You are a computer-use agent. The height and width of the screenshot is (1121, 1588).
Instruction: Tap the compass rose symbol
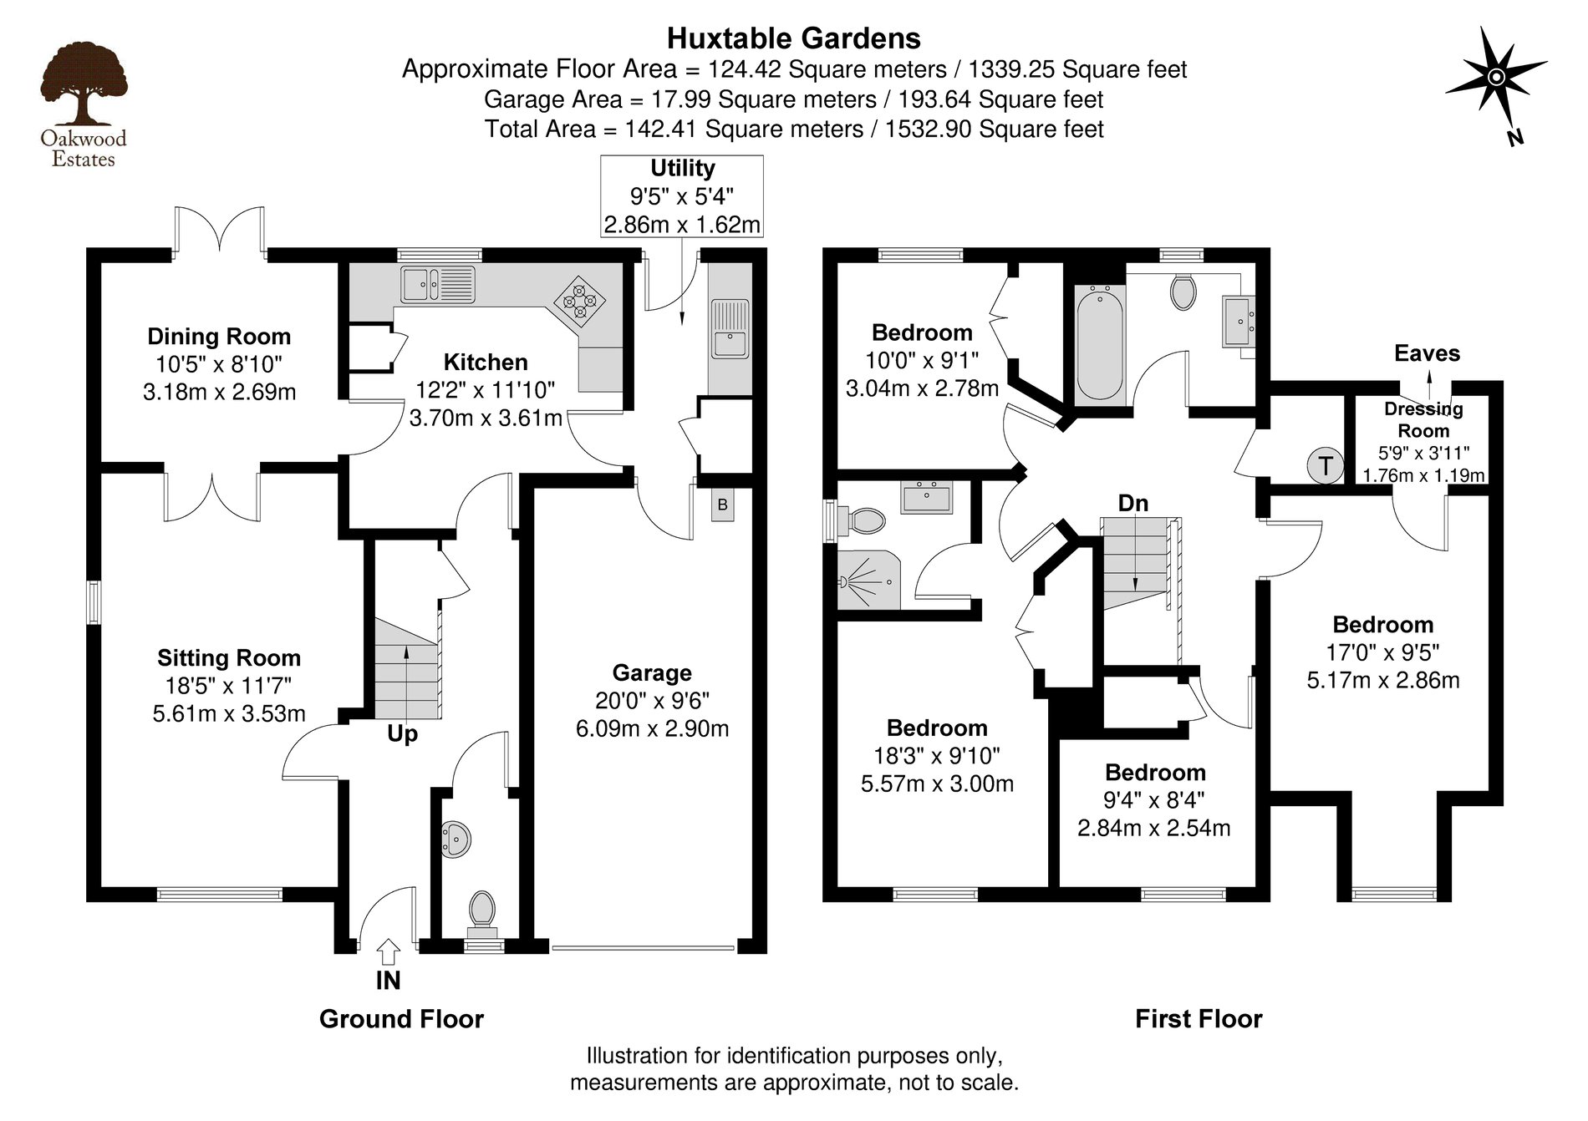(x=1496, y=79)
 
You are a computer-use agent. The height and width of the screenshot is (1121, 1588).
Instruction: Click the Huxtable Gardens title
(x=793, y=38)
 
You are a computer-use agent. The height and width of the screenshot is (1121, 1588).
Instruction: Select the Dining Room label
(x=219, y=337)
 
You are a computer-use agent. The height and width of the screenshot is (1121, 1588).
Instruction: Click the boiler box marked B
(x=722, y=505)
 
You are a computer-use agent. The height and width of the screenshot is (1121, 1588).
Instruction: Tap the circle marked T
(x=1326, y=464)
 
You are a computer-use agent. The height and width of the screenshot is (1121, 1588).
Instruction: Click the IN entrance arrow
(x=389, y=951)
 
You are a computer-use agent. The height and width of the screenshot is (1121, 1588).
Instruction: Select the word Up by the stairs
(x=402, y=735)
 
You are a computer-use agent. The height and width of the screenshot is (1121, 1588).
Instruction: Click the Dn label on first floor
(x=1133, y=503)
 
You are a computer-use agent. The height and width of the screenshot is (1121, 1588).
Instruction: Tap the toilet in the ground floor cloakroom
(x=481, y=910)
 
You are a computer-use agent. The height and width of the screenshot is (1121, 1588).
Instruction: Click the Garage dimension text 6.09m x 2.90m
(x=652, y=728)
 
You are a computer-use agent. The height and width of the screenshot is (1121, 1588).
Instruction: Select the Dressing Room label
(x=1423, y=420)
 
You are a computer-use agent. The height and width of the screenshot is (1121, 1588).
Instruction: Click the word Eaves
(x=1427, y=353)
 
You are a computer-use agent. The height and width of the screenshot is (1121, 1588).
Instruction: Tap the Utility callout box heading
(x=682, y=168)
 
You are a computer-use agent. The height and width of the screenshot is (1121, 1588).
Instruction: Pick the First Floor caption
(x=1198, y=1019)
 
